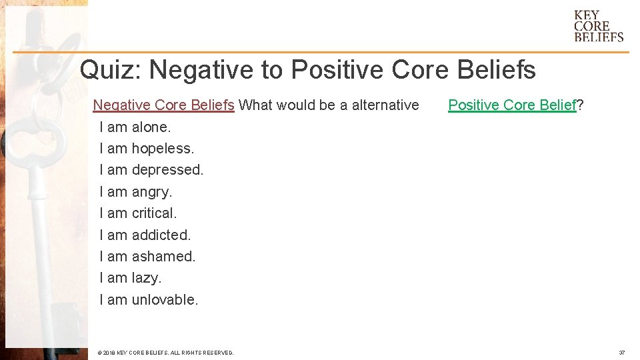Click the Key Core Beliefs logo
(598, 26)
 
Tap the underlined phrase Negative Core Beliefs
(163, 105)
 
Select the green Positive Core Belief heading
(512, 105)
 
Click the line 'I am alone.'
(135, 127)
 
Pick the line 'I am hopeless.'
(147, 148)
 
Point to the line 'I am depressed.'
(151, 170)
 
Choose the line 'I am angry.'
(135, 192)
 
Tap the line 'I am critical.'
(138, 213)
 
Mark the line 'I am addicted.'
(145, 235)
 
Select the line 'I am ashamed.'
(147, 256)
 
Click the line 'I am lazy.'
(130, 278)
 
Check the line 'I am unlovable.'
(149, 300)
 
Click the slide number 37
(621, 352)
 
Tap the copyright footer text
(165, 352)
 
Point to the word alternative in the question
(379, 105)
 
